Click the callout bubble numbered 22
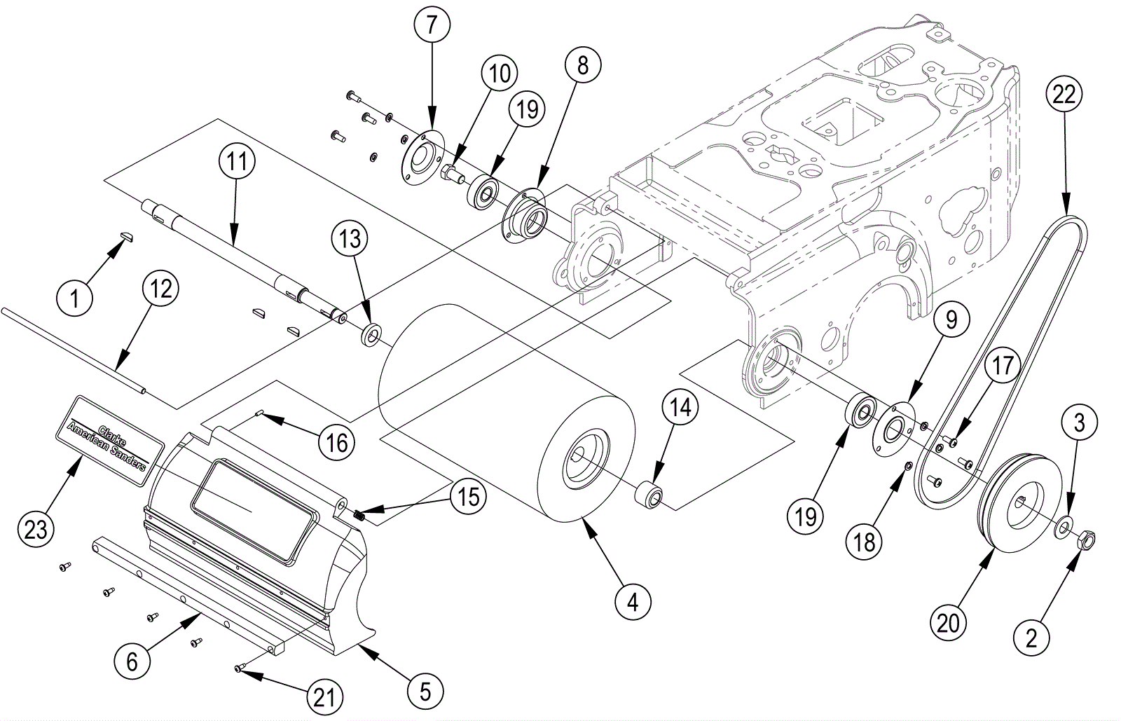pos(1064,94)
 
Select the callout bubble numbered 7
pos(432,25)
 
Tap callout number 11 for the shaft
pos(237,161)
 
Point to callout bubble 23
pos(36,529)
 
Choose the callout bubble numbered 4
pos(633,603)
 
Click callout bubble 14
pos(680,407)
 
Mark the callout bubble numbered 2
pos(1031,638)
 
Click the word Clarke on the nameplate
pos(112,435)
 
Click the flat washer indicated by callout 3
pos(1063,528)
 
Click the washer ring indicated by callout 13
pos(371,335)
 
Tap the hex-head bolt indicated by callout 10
pos(453,175)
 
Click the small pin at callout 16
pos(259,413)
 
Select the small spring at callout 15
pos(358,514)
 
